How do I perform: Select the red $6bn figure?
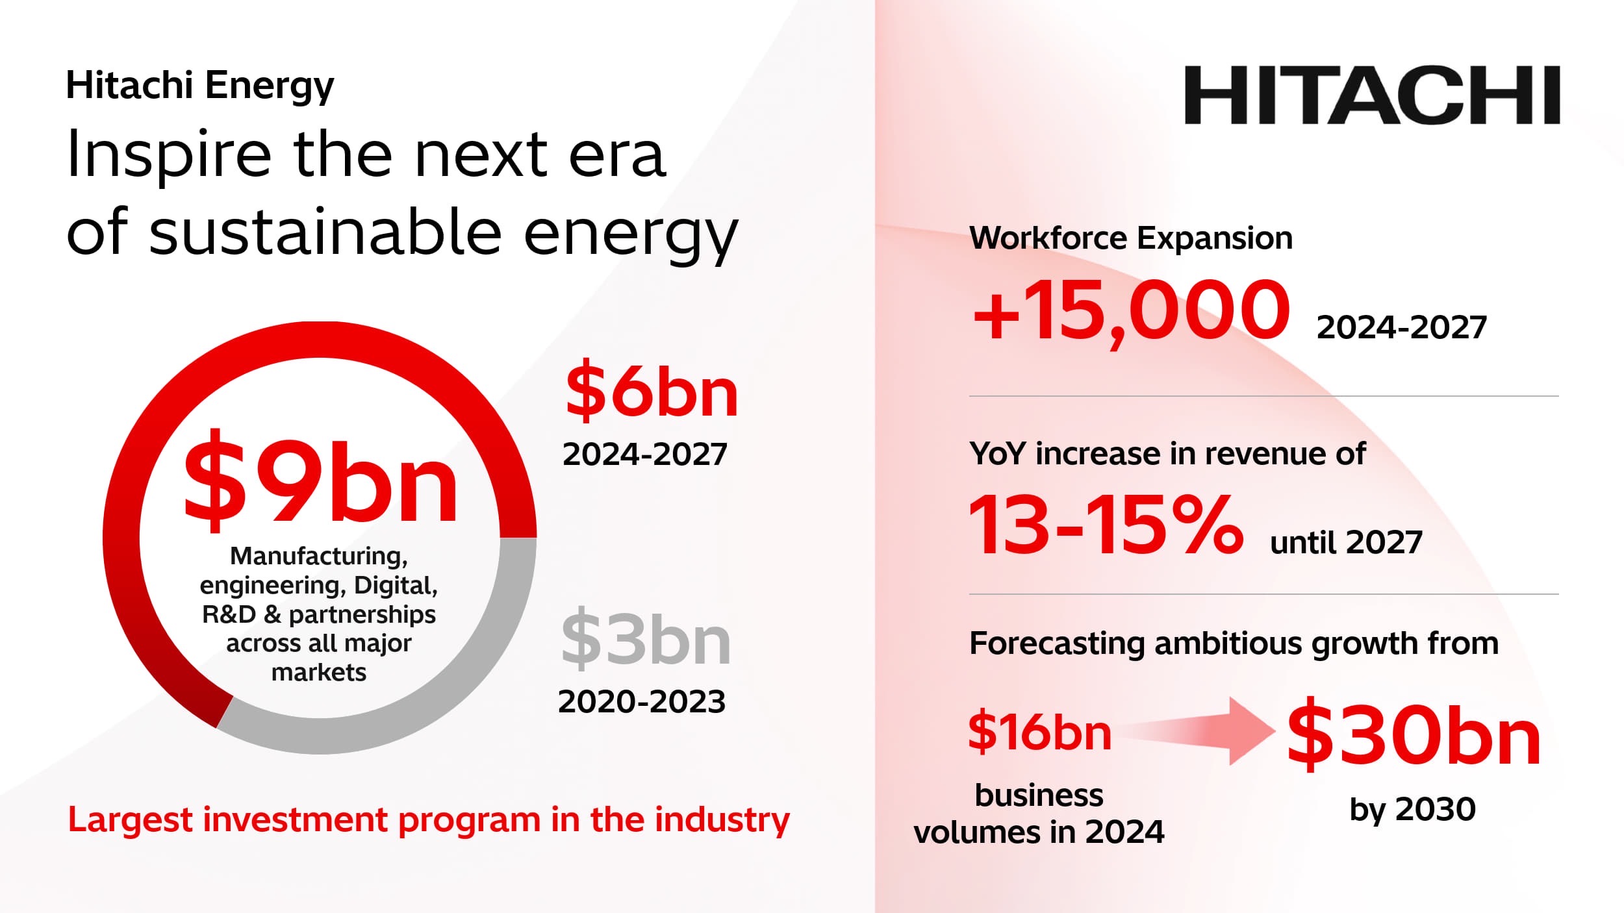pos(652,390)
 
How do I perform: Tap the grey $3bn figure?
pos(646,638)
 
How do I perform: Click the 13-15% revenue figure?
pos(1106,523)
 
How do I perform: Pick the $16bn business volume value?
pos(1039,732)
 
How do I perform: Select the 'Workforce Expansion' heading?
pos(1131,238)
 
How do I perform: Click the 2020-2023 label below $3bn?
pos(642,702)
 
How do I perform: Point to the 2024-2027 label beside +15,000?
pos(1402,327)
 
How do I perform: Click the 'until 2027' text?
pos(1346,542)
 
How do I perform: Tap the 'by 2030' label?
pos(1413,810)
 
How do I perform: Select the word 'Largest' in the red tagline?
pos(131,820)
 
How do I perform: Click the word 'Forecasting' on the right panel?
pos(1056,644)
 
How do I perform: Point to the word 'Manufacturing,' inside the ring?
pos(319,557)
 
